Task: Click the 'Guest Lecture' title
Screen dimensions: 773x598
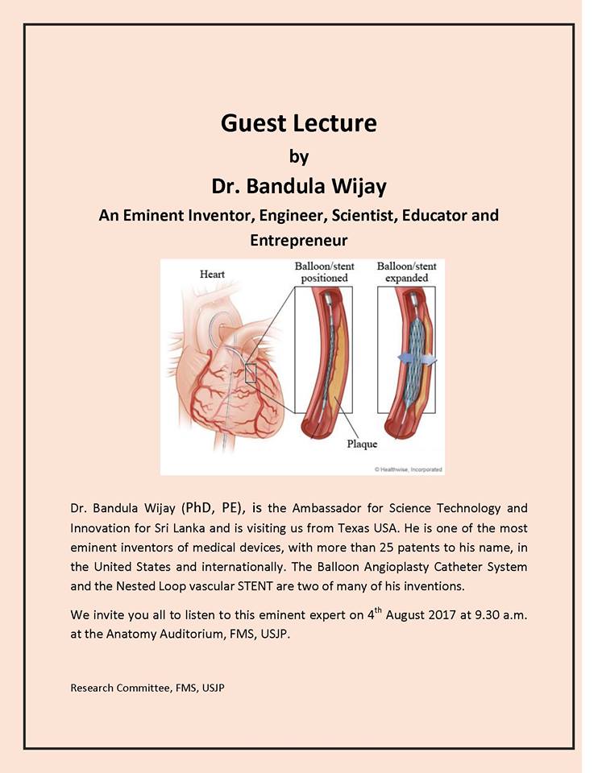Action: tap(299, 123)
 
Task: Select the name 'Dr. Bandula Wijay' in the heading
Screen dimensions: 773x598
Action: tap(299, 187)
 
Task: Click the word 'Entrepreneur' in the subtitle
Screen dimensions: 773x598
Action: tap(299, 240)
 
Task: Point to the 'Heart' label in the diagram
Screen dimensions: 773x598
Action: tap(213, 275)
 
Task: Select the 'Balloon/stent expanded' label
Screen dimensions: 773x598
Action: tap(408, 271)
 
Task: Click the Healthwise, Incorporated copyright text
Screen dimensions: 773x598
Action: tap(409, 469)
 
